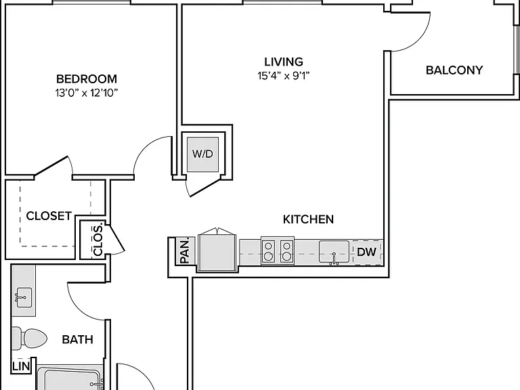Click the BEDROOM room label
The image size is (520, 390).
tap(87, 79)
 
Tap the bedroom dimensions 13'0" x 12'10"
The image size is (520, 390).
tap(87, 93)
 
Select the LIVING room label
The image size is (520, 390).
tap(284, 62)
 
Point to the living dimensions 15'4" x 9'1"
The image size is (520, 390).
tap(284, 76)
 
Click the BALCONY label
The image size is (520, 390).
tap(454, 70)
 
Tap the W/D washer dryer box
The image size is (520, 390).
tap(202, 154)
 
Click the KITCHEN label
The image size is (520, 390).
tap(308, 219)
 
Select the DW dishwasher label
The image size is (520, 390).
tap(366, 252)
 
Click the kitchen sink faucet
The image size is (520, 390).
tap(334, 259)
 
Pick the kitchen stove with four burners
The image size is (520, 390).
tap(278, 251)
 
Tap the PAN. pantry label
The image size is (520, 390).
tap(185, 251)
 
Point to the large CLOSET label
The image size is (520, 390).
tap(49, 216)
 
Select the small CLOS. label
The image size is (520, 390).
tap(97, 240)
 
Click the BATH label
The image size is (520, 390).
tap(77, 340)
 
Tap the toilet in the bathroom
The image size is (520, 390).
tap(29, 339)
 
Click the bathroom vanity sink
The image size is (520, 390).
tap(23, 297)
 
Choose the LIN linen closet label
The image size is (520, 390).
tap(21, 366)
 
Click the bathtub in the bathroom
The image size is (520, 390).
tap(70, 378)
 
